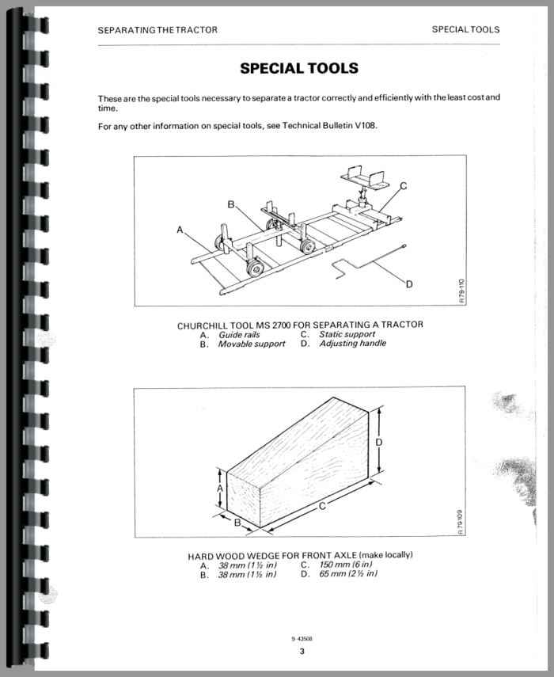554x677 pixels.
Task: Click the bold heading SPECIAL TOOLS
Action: (x=299, y=69)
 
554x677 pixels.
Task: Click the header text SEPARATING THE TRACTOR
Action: (x=157, y=30)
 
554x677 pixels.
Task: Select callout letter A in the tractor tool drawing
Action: (x=180, y=230)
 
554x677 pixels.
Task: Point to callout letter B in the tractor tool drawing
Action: (x=231, y=204)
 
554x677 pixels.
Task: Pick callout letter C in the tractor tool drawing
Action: (x=403, y=186)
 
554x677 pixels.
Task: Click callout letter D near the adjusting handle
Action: (x=408, y=284)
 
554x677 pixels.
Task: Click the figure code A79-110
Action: (x=463, y=295)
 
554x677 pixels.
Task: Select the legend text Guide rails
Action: (x=239, y=335)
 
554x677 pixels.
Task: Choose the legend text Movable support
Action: (x=252, y=344)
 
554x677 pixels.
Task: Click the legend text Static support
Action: (x=347, y=335)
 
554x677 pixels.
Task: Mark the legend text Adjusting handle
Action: (x=352, y=344)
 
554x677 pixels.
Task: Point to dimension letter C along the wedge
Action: (x=323, y=508)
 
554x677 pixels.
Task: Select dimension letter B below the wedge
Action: (x=237, y=522)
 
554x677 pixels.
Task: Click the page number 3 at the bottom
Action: (x=302, y=652)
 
